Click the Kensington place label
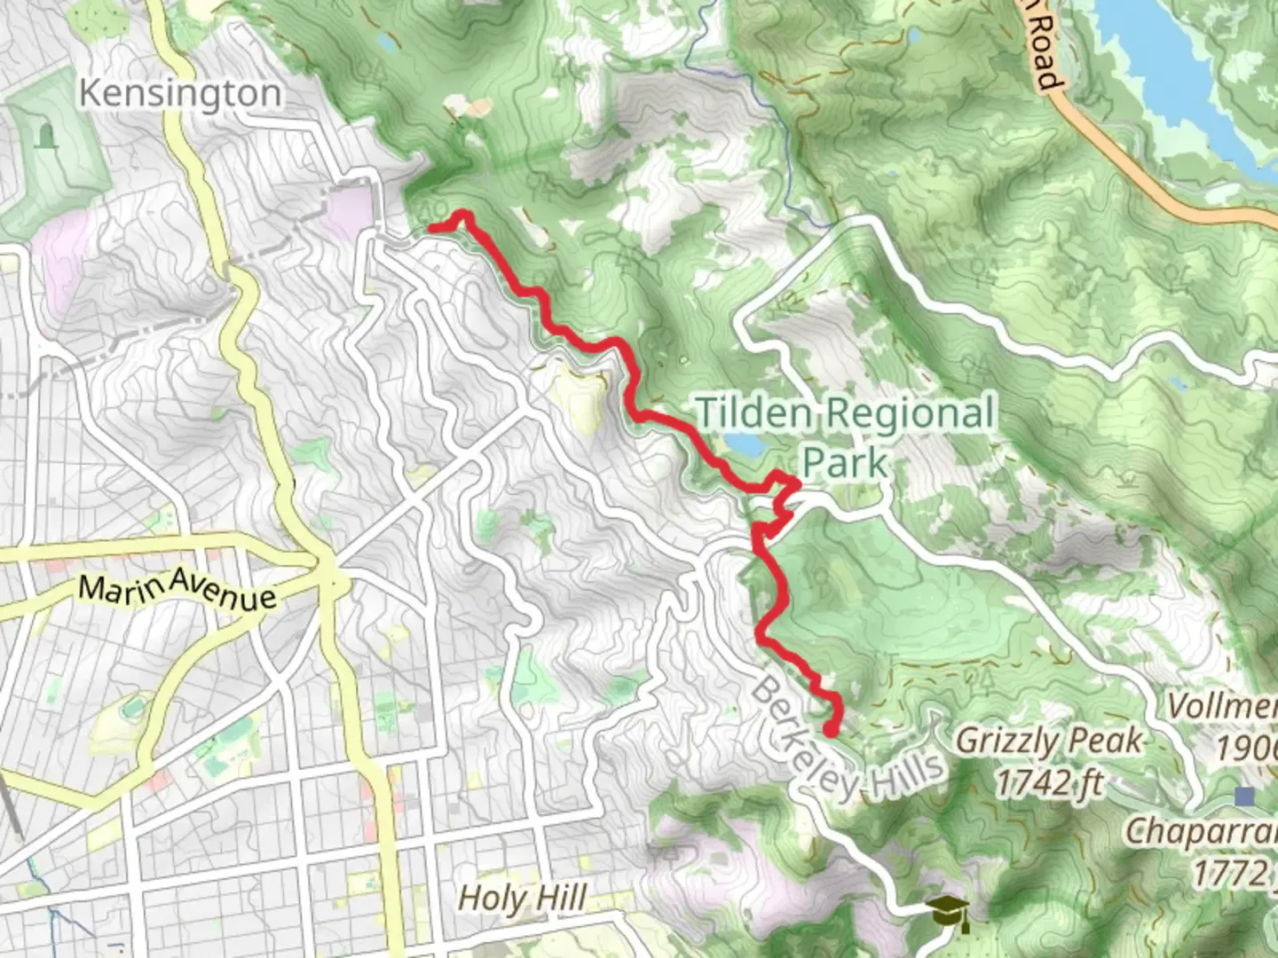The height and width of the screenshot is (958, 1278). click(x=180, y=92)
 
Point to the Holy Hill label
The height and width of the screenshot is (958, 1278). click(x=522, y=897)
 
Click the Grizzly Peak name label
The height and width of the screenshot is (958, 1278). click(x=1049, y=740)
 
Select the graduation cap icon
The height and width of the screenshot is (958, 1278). click(x=947, y=911)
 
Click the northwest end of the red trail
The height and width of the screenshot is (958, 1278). click(x=432, y=228)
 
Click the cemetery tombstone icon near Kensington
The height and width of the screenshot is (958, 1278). click(x=45, y=136)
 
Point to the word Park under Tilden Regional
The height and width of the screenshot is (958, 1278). click(x=844, y=462)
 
